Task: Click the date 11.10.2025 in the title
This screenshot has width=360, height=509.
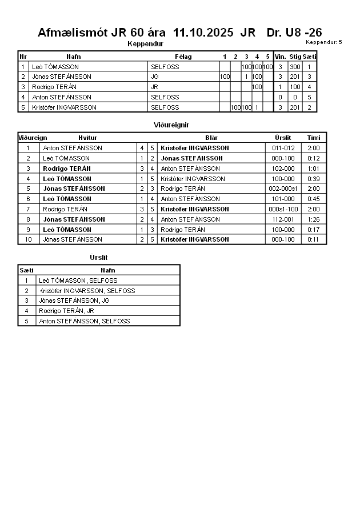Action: click(x=203, y=33)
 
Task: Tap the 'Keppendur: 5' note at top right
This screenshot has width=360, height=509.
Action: click(x=324, y=42)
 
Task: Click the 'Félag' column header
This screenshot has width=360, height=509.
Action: click(x=183, y=57)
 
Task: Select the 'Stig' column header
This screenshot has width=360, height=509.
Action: click(x=295, y=57)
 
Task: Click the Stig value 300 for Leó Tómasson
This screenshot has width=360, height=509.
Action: click(x=295, y=67)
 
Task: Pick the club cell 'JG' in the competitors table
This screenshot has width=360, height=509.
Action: click(x=154, y=77)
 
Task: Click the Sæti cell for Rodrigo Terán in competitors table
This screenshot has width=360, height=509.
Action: click(x=309, y=87)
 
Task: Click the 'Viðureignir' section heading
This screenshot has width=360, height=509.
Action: click(x=171, y=125)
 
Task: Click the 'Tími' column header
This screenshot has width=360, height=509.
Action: click(x=314, y=138)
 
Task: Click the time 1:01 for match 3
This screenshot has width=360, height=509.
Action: click(x=314, y=169)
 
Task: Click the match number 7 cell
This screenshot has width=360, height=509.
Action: click(x=28, y=209)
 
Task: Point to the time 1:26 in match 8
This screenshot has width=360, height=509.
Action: click(x=314, y=219)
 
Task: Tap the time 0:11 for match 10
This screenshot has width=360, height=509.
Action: click(x=314, y=239)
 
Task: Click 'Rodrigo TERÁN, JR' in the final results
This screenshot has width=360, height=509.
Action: click(x=66, y=311)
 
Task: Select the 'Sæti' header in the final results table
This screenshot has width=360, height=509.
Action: click(x=26, y=270)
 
